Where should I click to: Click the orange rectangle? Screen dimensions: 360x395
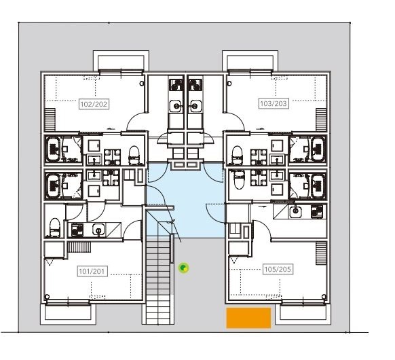(x=248, y=318)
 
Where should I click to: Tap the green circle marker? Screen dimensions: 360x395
(x=184, y=268)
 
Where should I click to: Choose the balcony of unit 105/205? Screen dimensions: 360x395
(x=302, y=312)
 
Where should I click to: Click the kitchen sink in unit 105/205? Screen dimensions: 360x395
(x=295, y=211)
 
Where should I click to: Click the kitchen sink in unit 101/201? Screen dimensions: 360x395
(x=98, y=230)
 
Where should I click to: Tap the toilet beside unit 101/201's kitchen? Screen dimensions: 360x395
(x=54, y=226)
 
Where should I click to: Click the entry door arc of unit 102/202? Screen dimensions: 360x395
(x=136, y=122)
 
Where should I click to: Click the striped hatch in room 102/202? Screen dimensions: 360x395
(x=50, y=121)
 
